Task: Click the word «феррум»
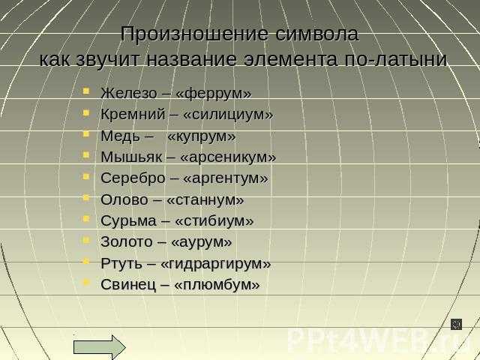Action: [213, 94]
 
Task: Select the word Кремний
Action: [129, 115]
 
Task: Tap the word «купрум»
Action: [201, 137]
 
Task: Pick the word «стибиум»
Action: [213, 221]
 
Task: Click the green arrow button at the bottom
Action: [100, 346]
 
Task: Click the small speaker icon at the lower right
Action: [455, 323]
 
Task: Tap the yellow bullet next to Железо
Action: [87, 91]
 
